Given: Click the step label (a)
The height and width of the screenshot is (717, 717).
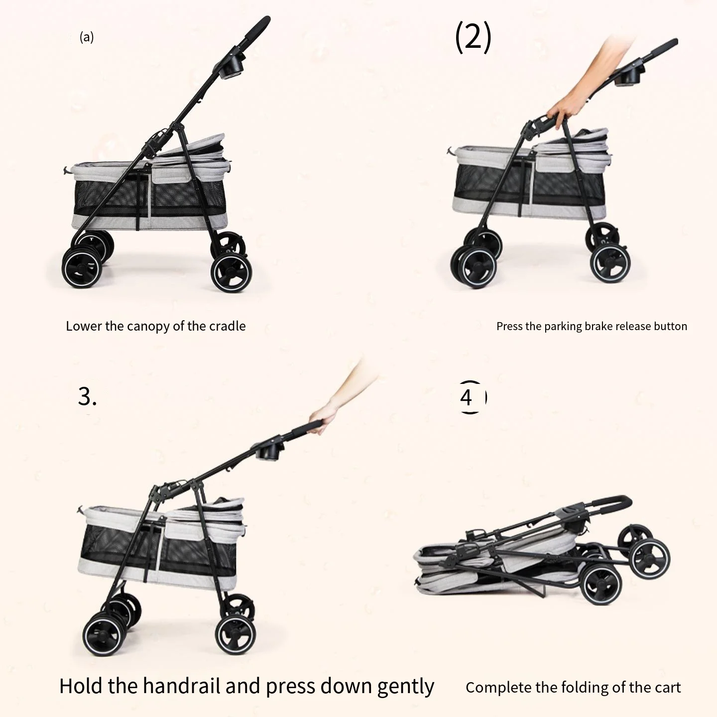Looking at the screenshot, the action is tap(86, 37).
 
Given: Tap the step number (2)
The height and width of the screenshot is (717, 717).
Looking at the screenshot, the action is tap(474, 37).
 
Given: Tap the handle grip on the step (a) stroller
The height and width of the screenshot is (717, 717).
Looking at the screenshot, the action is tap(257, 28).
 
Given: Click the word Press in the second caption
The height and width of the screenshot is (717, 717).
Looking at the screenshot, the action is tap(507, 326).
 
